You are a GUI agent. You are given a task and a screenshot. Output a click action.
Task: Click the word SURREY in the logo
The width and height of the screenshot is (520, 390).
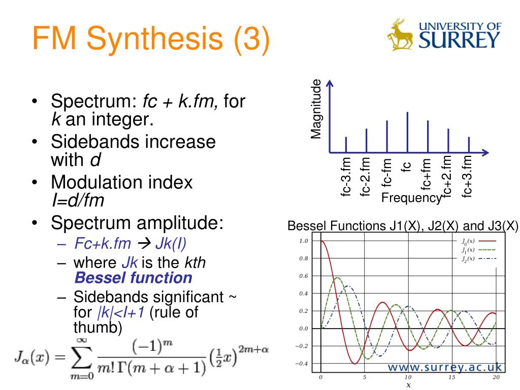coord(459,40)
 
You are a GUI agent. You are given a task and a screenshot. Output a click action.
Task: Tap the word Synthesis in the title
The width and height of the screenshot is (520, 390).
coord(155,39)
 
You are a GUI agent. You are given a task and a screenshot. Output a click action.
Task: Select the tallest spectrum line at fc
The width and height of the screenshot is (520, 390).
coord(408,133)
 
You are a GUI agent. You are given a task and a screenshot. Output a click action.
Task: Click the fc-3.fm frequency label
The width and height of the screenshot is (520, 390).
coord(345,176)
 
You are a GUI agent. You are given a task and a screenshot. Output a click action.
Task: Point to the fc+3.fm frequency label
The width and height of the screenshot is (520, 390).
coord(467,176)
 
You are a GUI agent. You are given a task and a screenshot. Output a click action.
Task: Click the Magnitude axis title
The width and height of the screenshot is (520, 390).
coord(316,109)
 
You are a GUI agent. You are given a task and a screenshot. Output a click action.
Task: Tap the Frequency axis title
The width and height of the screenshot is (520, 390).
coord(411,198)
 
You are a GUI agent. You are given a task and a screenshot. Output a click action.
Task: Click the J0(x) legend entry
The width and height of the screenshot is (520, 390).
coord(478,241)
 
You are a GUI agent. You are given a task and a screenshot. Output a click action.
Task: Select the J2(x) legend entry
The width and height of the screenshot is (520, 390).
coord(478,258)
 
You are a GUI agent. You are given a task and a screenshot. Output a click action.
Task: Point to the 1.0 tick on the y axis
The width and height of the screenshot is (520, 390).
coord(304,241)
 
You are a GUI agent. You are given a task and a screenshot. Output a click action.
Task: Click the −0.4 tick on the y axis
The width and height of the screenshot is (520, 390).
coord(302,364)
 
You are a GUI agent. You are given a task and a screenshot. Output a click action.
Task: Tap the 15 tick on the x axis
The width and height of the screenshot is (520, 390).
coord(451,377)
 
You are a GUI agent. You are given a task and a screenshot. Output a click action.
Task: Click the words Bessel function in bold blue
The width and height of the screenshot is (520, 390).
coord(134,278)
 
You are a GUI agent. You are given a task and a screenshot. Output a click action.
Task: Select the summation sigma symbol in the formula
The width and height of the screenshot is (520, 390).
coord(82,358)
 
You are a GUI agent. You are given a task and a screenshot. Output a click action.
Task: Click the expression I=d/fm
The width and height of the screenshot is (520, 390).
coord(78,200)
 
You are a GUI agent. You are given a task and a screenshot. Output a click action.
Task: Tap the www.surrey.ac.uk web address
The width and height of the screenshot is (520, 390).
coord(445,367)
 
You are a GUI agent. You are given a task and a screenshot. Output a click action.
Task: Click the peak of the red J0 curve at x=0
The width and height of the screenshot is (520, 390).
coord(321,241)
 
